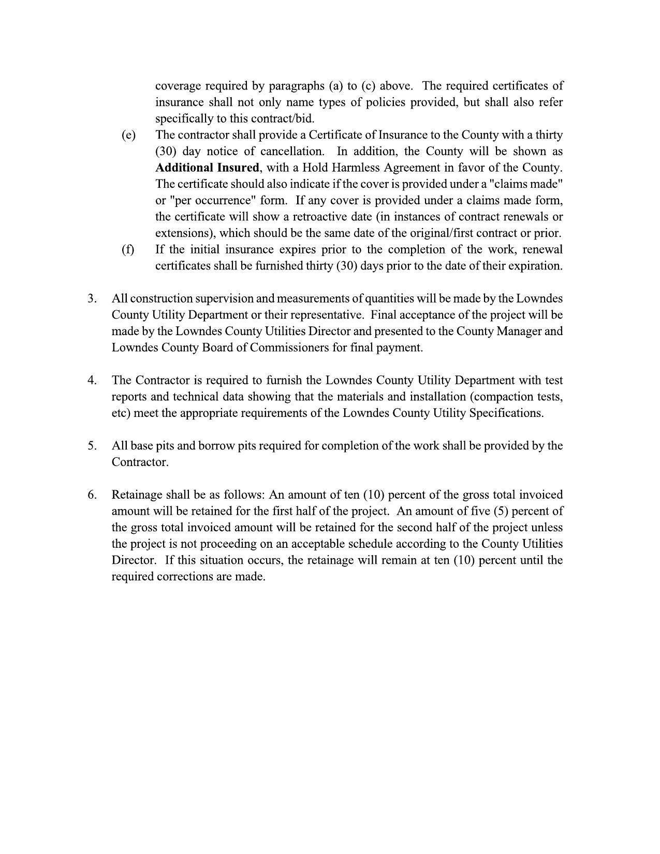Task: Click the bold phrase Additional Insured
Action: [207, 168]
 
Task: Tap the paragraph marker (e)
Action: [128, 135]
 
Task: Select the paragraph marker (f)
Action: [128, 249]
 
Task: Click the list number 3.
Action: [92, 298]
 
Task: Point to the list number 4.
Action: [92, 380]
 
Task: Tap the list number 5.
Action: [92, 445]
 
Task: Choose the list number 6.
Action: [92, 495]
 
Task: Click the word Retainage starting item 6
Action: [136, 495]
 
